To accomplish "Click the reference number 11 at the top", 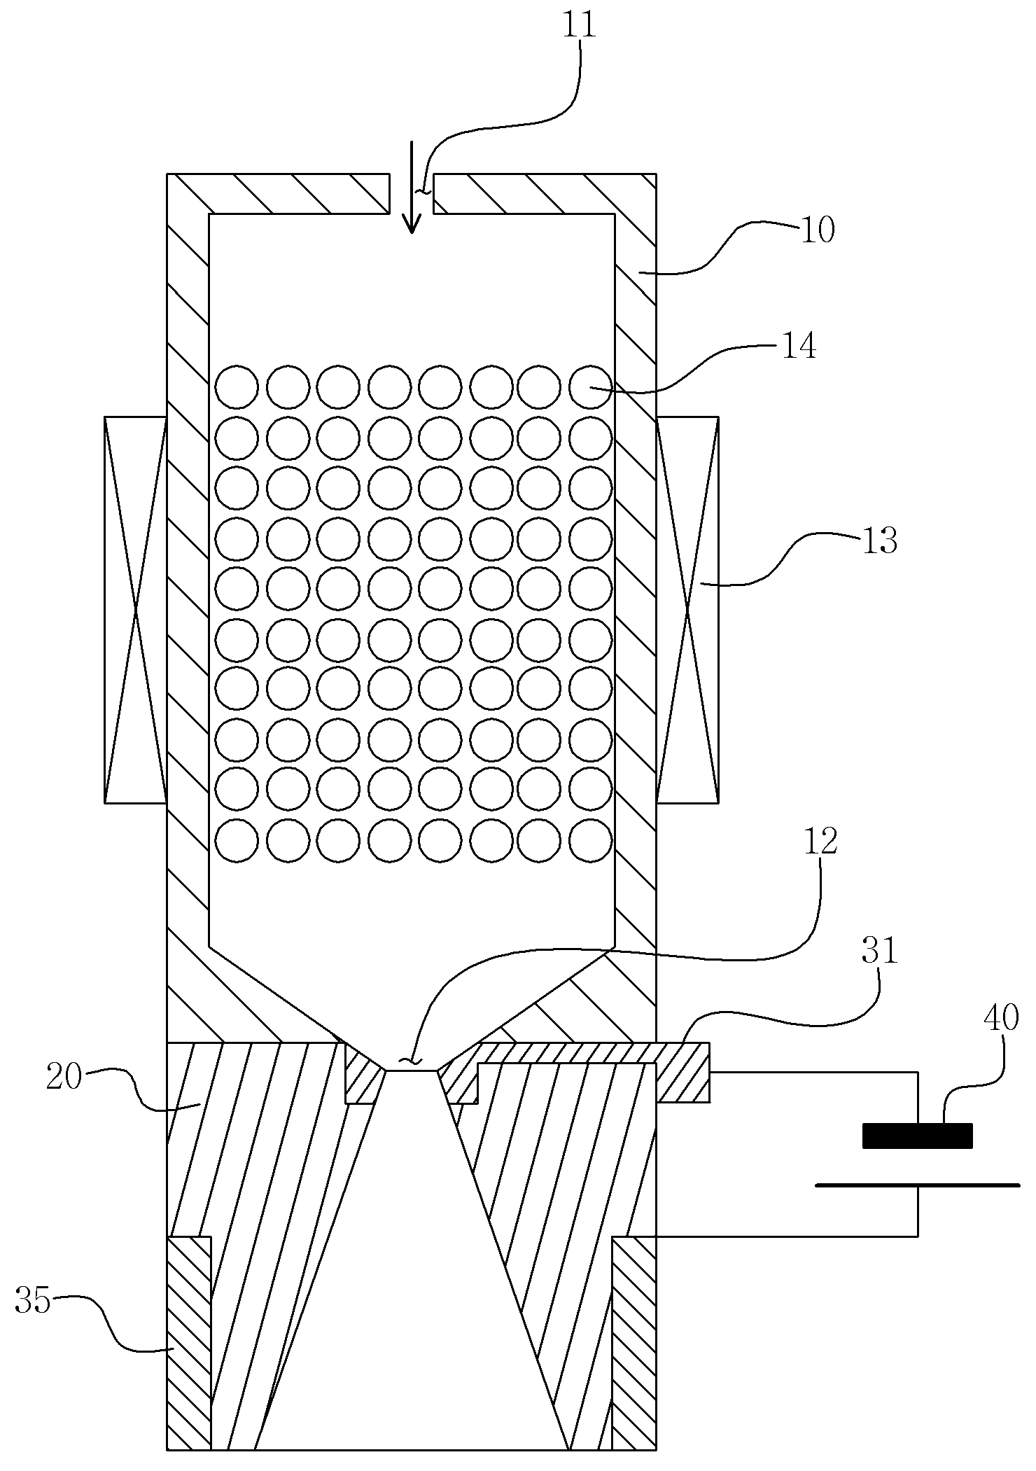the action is pos(579,26).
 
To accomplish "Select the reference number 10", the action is pos(817,230).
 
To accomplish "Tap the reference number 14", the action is pos(799,347).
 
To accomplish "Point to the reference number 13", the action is pos(878,541).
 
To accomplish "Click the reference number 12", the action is pos(820,842).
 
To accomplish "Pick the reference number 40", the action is pos(1001,1017).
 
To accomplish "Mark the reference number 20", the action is pos(64,1076).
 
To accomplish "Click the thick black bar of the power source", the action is pos(917,1136).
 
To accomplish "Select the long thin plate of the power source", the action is pos(917,1185).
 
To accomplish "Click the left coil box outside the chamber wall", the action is pos(136,609).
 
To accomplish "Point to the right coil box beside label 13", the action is pos(687,609).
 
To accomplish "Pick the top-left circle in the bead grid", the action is pos(237,386).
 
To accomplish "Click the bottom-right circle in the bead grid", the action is pos(591,839).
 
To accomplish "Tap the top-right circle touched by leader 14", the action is pos(591,386).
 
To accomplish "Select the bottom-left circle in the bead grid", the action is pos(237,839).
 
